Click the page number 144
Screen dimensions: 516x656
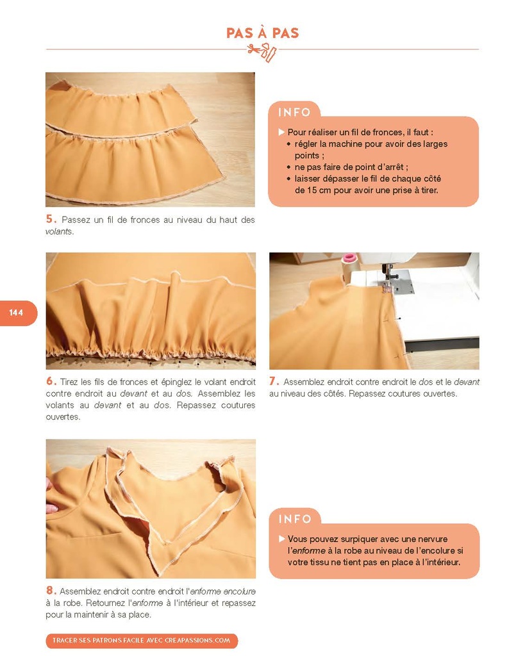tap(16, 313)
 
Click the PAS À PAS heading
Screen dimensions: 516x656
tap(262, 33)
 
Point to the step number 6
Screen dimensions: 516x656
tap(51, 381)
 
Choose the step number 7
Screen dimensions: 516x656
tap(274, 381)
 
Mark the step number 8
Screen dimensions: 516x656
tap(51, 590)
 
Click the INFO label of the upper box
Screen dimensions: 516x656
tap(295, 112)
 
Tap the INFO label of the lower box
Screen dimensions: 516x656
tap(295, 519)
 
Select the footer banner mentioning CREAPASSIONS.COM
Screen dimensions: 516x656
tap(142, 640)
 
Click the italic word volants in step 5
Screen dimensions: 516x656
tap(59, 231)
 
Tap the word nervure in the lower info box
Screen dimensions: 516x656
tap(432, 539)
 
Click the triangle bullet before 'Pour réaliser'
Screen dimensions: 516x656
tap(281, 132)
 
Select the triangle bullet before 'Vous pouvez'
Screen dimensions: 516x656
tap(282, 539)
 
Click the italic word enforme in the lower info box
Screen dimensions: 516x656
tap(308, 550)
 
